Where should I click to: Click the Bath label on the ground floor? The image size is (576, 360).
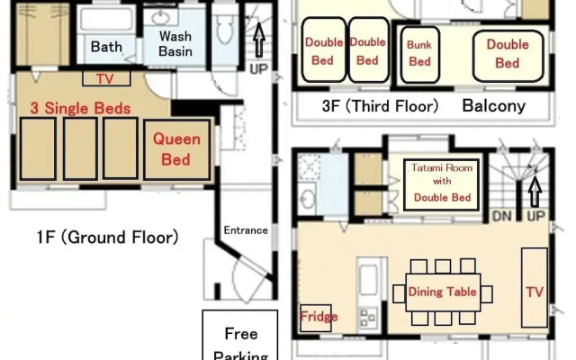(x=106, y=47)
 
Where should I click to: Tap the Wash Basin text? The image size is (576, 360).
(x=175, y=43)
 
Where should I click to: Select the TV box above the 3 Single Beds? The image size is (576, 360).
(x=105, y=78)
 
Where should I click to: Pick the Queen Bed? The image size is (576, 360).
(x=176, y=149)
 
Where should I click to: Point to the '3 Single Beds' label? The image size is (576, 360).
(x=76, y=109)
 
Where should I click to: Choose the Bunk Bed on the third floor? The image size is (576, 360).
(x=420, y=53)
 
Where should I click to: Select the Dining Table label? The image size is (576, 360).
(x=442, y=292)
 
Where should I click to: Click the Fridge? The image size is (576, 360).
(x=318, y=318)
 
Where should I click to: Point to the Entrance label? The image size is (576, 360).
(x=246, y=230)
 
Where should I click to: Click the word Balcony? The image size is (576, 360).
(x=493, y=106)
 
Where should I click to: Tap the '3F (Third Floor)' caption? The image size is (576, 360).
(x=380, y=106)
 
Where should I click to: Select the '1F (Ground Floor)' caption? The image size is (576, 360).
(x=107, y=238)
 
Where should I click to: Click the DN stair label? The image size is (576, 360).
(x=501, y=216)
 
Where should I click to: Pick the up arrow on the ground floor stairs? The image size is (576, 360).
(x=259, y=40)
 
